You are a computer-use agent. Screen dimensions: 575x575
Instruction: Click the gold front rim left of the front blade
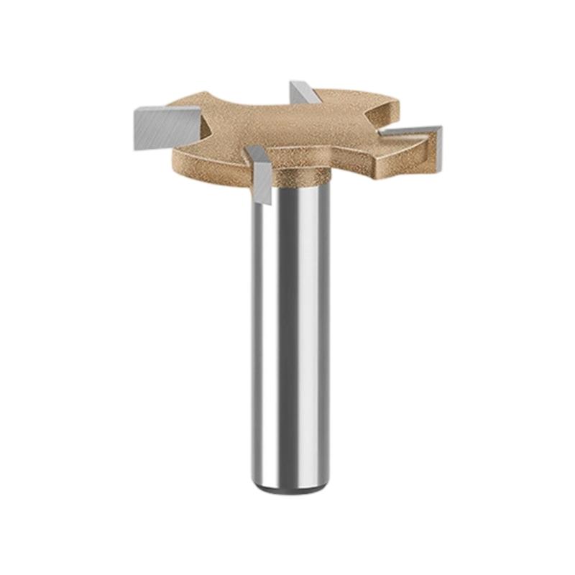[x=208, y=162]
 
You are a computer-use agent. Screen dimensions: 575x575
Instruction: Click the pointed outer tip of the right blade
[x=439, y=129]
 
